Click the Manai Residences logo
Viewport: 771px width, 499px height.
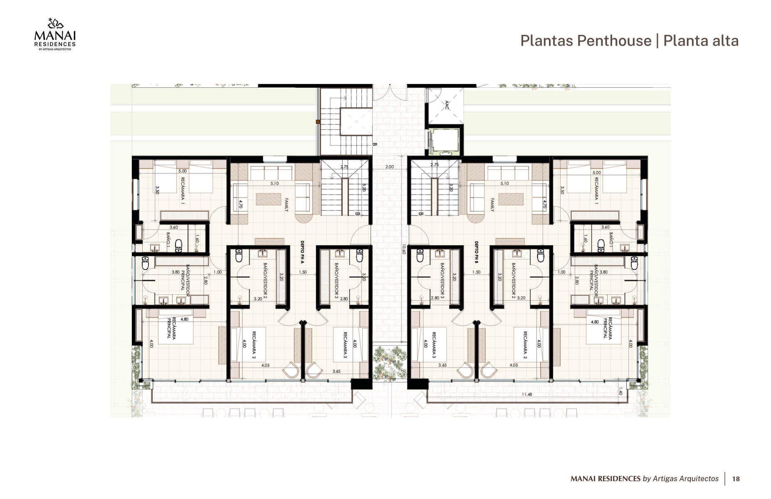point(54,35)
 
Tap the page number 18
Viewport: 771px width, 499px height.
point(736,479)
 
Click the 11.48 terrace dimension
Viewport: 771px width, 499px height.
point(527,394)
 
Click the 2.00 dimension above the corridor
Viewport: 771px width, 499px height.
point(389,167)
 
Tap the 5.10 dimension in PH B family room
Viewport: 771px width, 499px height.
point(504,183)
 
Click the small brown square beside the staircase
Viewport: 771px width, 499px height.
point(318,122)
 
